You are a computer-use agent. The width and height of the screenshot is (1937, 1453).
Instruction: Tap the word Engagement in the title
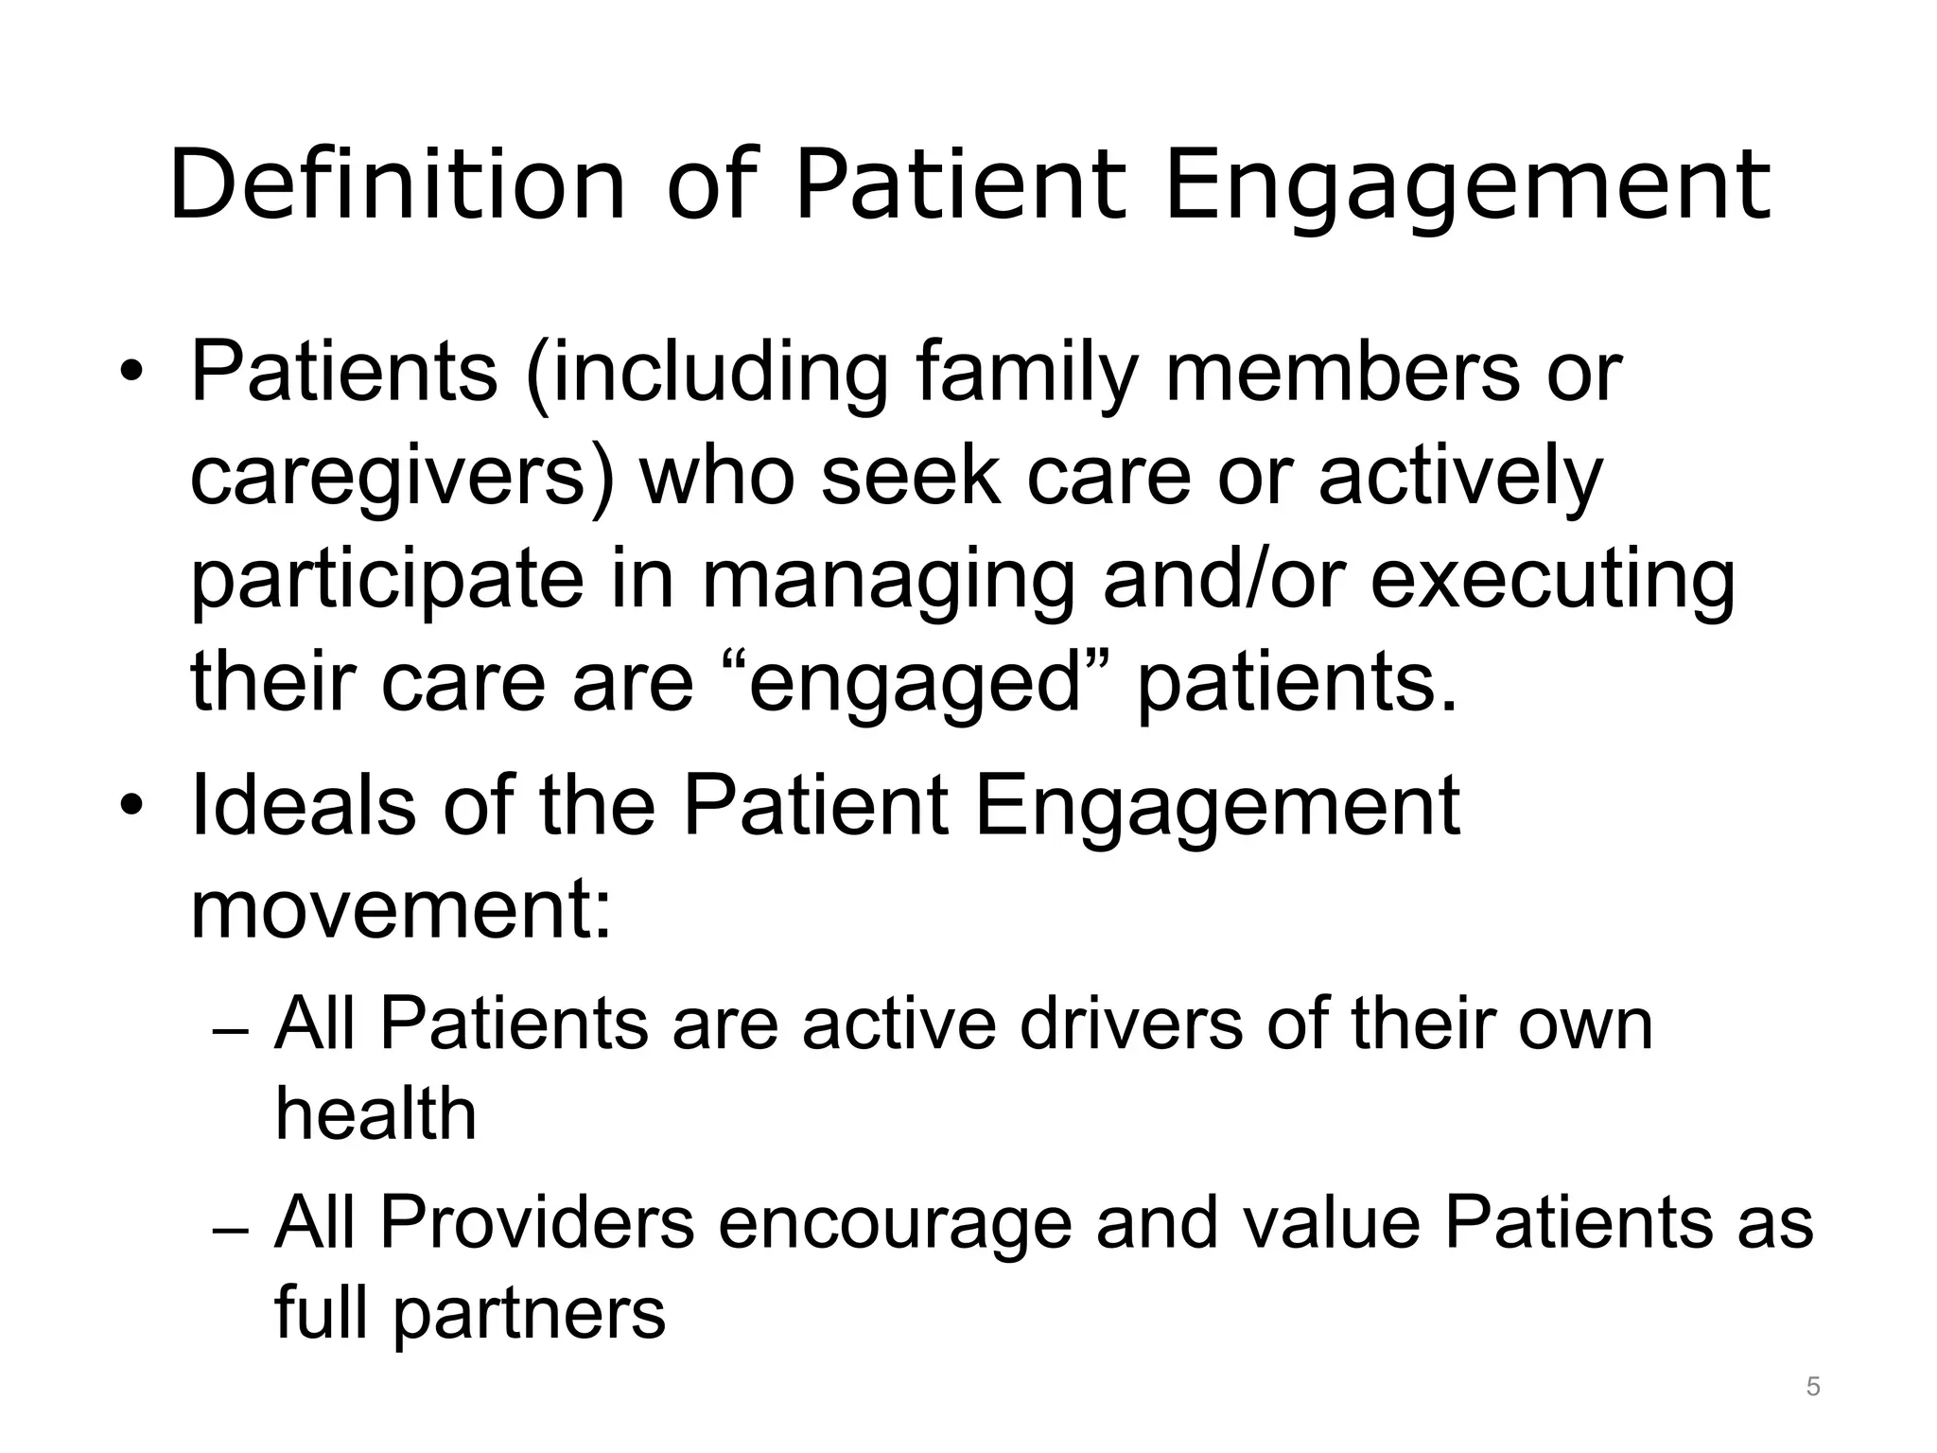coord(1467,185)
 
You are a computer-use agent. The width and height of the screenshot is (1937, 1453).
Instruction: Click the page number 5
coord(1812,1387)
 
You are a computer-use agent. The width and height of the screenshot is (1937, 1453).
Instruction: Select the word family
coord(1027,374)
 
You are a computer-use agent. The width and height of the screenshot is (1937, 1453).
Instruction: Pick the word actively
coord(1460,478)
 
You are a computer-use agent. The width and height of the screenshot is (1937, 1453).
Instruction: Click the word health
coord(375,1113)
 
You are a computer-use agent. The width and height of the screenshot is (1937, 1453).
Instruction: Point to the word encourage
coord(895,1224)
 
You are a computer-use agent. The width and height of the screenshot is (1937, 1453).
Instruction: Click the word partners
coord(530,1314)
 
